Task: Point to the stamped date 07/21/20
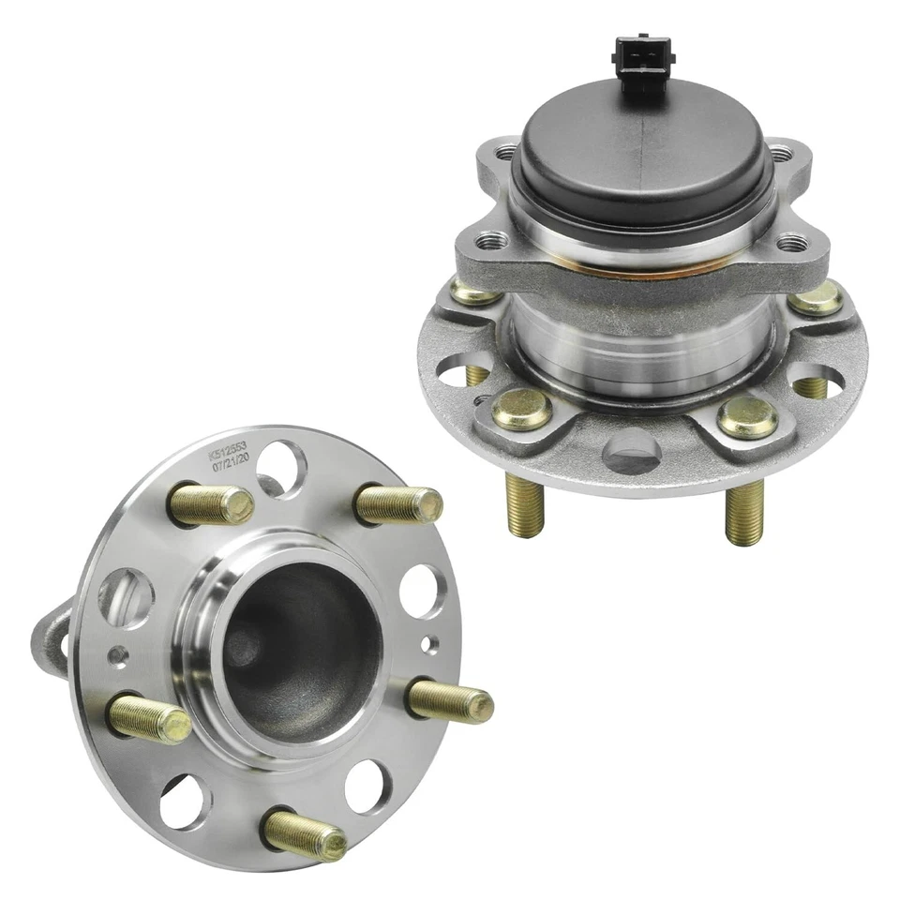tap(230, 464)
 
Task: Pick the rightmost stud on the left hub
tap(452, 700)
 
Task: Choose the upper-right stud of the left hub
tap(399, 504)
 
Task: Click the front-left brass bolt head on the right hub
tap(521, 410)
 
